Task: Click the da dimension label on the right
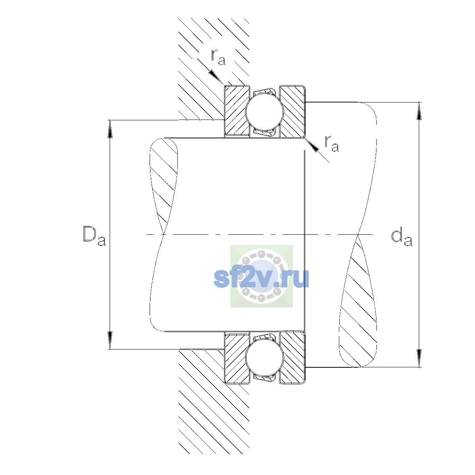click(x=401, y=238)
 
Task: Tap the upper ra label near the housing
click(x=218, y=57)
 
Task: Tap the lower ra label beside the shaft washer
click(x=332, y=143)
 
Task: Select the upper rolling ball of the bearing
click(x=264, y=112)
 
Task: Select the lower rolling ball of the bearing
click(x=264, y=357)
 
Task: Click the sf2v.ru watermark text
click(x=261, y=278)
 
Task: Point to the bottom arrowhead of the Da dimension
click(x=110, y=340)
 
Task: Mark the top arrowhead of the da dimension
click(x=419, y=111)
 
